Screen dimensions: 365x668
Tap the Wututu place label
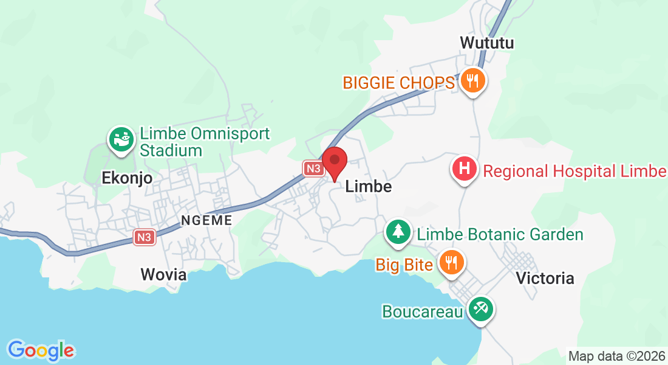coord(487,43)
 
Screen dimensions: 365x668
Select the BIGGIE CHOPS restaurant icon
coord(471,80)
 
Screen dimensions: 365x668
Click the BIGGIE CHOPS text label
coord(398,83)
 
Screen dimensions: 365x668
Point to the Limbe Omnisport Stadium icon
coord(120,139)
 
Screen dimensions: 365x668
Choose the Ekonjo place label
coord(126,178)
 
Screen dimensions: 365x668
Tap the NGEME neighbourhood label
coord(206,220)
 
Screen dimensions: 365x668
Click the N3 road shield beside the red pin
coord(313,169)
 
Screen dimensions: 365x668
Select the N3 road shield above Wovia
coord(144,237)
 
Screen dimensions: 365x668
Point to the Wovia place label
coord(163,274)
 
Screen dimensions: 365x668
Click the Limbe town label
coord(368,187)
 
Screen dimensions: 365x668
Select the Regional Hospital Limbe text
coord(574,171)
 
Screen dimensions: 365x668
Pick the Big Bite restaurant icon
coord(451,262)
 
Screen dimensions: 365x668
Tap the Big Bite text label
coord(404,265)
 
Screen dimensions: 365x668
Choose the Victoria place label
coord(545,278)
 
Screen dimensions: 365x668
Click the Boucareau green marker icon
coord(480,308)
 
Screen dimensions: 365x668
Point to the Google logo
coord(41,350)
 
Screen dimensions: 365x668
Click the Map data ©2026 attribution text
coord(616,356)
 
